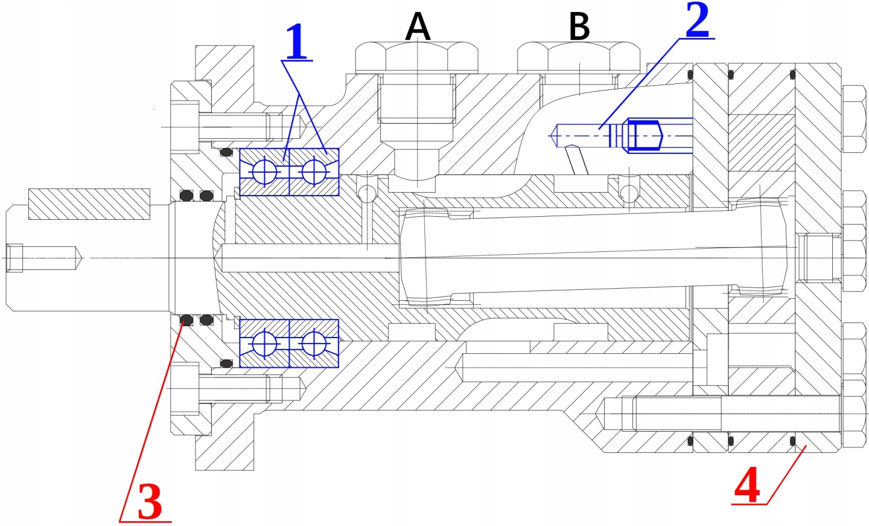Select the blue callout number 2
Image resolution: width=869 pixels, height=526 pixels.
click(697, 21)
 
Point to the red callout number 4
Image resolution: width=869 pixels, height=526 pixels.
click(747, 486)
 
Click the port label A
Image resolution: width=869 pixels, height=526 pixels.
click(418, 27)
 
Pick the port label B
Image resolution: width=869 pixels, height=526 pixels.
click(579, 27)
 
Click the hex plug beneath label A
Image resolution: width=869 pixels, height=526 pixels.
click(416, 57)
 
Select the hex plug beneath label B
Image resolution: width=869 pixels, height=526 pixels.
click(578, 57)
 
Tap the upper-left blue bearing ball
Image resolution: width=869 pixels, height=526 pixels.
click(264, 172)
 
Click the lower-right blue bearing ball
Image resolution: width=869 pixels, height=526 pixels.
click(314, 344)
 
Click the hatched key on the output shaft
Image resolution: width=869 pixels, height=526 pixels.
click(89, 204)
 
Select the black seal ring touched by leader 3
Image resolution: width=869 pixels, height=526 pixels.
click(186, 319)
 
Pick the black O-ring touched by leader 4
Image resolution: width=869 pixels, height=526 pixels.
click(794, 442)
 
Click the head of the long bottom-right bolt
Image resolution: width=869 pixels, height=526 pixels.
click(854, 413)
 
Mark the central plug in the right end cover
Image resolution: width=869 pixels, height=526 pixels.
click(818, 258)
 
